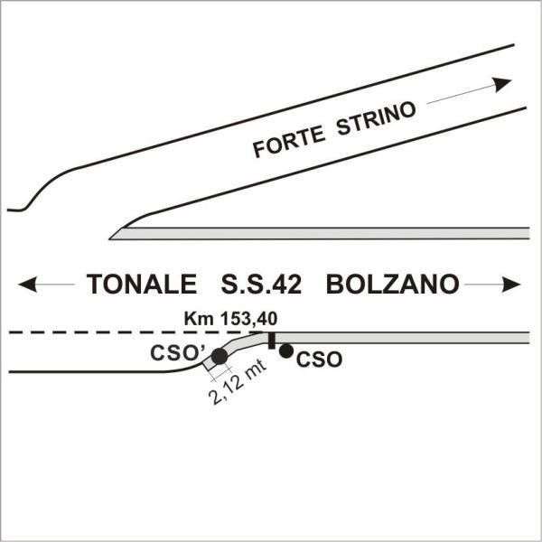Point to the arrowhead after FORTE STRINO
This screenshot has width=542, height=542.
coord(500,83)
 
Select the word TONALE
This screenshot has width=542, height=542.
coord(142,285)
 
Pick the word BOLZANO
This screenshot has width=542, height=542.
coord(393,285)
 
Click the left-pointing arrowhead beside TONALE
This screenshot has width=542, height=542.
coord(26,285)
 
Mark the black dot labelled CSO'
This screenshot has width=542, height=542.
coord(219,357)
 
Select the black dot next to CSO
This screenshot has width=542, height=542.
coord(285,350)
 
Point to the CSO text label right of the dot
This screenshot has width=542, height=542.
coord(320,359)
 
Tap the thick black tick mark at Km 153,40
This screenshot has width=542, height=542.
coord(270,339)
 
